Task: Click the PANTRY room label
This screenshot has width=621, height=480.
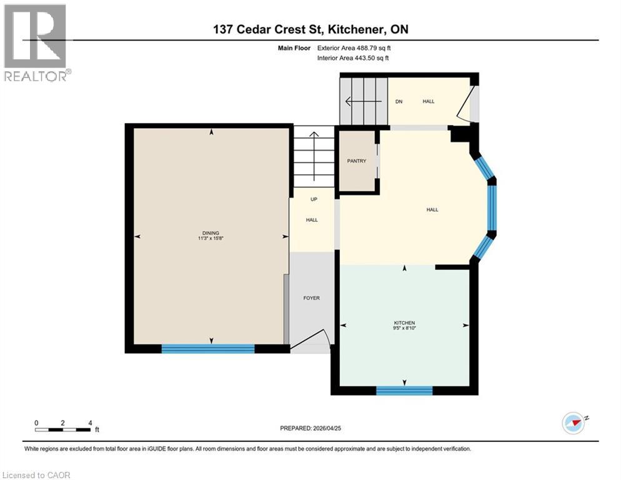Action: (x=356, y=161)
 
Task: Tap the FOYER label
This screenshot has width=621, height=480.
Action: (x=311, y=298)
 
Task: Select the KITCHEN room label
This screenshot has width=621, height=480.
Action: (x=404, y=322)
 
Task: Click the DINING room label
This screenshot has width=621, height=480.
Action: (x=211, y=232)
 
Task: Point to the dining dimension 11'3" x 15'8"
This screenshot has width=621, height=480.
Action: (x=211, y=238)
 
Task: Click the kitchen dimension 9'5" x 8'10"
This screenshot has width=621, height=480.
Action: (x=404, y=329)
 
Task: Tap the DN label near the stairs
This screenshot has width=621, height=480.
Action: (x=398, y=101)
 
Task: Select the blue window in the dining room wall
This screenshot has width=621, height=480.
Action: (x=208, y=349)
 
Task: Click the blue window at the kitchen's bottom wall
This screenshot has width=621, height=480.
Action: (x=404, y=391)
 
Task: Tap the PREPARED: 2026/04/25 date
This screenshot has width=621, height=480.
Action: (x=310, y=428)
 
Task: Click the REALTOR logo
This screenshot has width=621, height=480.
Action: (x=36, y=42)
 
